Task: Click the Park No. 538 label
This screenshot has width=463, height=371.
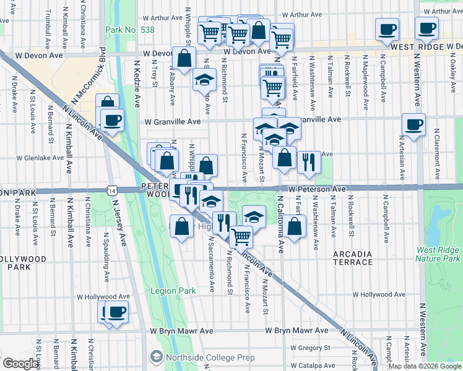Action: (130, 29)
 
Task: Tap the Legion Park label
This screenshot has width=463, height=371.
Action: (173, 290)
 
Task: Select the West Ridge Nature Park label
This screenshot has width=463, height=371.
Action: (438, 254)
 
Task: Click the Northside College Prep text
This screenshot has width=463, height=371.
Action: (198, 357)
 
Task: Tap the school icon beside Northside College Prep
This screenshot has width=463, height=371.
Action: (157, 357)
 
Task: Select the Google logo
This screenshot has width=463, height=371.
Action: (20, 364)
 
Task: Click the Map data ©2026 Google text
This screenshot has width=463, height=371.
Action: (424, 366)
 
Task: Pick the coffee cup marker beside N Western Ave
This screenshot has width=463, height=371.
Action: (413, 124)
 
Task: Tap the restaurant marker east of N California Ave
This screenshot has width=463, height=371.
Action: (308, 162)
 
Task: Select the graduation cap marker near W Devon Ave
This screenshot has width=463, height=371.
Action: (204, 80)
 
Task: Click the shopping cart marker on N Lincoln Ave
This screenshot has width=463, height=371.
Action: (241, 235)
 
